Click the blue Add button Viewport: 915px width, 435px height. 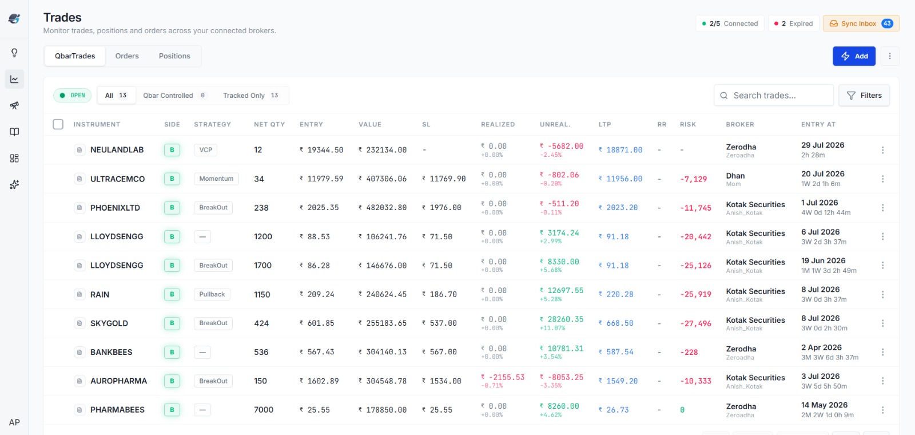pyautogui.click(x=854, y=56)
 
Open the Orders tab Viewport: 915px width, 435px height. pyautogui.click(x=127, y=56)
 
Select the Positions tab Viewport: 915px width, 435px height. pyautogui.click(x=174, y=56)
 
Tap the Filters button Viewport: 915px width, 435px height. pyautogui.click(x=864, y=95)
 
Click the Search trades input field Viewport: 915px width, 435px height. pyautogui.click(x=774, y=95)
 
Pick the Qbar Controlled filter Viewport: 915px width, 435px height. pyautogui.click(x=174, y=95)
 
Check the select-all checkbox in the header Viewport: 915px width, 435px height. pyautogui.click(x=58, y=124)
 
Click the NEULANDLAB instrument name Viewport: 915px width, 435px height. pyautogui.click(x=117, y=149)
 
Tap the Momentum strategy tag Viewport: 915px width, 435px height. pyautogui.click(x=216, y=179)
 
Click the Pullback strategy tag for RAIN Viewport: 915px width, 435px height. pyautogui.click(x=212, y=294)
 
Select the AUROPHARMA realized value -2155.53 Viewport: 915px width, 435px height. pyautogui.click(x=503, y=377)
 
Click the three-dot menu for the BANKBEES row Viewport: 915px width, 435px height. pyautogui.click(x=883, y=352)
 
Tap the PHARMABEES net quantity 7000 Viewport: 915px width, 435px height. pyautogui.click(x=264, y=410)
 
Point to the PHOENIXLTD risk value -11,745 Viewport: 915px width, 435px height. pyautogui.click(x=695, y=208)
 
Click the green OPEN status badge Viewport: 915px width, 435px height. pyautogui.click(x=72, y=95)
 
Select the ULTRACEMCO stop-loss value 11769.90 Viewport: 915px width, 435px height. pyautogui.click(x=444, y=179)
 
